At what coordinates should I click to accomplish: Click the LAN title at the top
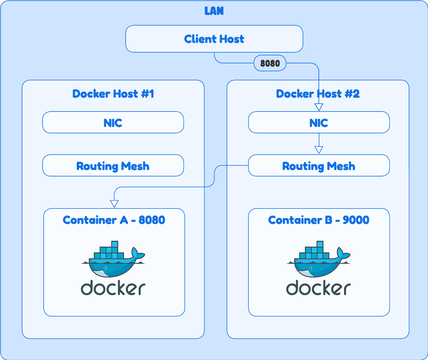[214, 11]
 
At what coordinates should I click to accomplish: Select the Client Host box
[214, 39]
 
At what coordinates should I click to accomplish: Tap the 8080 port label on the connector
[270, 63]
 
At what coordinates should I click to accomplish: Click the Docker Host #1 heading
[113, 94]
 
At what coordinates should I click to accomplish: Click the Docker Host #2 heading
[318, 94]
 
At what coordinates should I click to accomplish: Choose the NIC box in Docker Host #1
[113, 123]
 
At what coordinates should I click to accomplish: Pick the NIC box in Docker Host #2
[319, 123]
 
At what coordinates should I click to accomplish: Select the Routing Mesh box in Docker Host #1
[113, 166]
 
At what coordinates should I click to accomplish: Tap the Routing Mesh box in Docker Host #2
[319, 166]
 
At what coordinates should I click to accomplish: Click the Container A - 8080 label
[114, 220]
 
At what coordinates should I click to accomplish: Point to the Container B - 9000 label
[318, 220]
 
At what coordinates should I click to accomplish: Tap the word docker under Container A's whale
[113, 288]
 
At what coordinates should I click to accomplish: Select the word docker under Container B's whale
[318, 288]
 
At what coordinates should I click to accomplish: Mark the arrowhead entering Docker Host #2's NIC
[319, 107]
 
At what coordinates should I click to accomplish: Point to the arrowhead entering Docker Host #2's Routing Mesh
[319, 150]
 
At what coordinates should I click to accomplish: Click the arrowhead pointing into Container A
[114, 204]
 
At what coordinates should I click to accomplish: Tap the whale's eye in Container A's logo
[105, 268]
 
